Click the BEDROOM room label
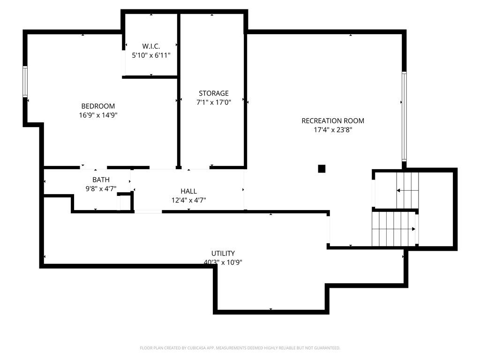[98, 106]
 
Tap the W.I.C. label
[151, 46]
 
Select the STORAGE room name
[214, 93]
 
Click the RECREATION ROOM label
[333, 121]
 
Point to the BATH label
[101, 180]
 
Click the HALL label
[188, 191]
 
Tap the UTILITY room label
[223, 254]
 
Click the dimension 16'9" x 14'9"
[98, 115]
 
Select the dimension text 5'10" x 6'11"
[151, 55]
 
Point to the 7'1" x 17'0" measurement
[214, 102]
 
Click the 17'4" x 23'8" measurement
[333, 130]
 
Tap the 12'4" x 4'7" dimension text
[188, 200]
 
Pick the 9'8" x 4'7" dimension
[101, 188]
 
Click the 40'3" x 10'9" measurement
[223, 262]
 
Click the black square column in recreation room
[322, 169]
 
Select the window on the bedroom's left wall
[25, 82]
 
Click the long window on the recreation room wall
[404, 116]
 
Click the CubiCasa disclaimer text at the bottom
[240, 348]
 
